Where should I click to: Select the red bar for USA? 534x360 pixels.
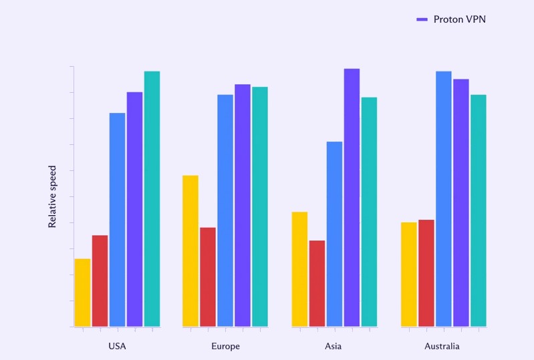100,281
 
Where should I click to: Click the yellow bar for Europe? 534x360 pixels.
190,251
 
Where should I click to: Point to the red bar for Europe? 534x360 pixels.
208,277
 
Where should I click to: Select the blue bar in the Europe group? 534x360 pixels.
225,210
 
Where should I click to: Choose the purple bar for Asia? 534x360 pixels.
352,198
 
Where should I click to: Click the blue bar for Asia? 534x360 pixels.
334,234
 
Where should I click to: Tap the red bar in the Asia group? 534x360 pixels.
317,283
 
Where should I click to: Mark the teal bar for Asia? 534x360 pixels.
369,212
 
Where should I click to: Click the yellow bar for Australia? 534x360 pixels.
409,275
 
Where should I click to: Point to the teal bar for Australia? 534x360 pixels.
479,210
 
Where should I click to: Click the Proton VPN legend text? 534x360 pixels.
460,19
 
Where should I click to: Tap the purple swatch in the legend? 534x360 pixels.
422,20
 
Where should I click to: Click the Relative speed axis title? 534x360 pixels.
53,197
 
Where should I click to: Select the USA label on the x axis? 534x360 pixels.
117,347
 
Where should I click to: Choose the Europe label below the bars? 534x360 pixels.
225,347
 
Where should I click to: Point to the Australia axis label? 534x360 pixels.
442,347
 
